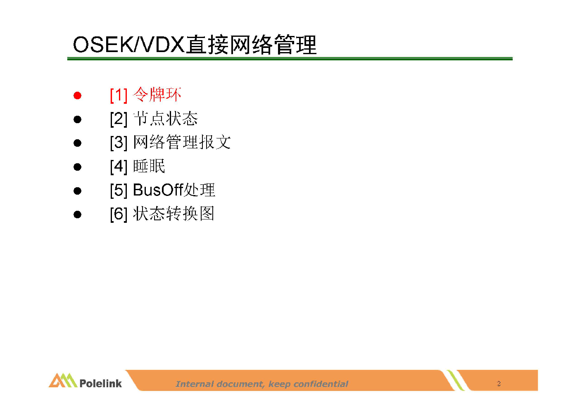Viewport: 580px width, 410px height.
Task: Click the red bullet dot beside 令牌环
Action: pyautogui.click(x=77, y=95)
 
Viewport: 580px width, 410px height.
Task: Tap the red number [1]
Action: pyautogui.click(x=119, y=95)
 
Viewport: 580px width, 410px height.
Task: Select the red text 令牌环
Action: pyautogui.click(x=157, y=94)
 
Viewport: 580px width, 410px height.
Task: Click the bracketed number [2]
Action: pyautogui.click(x=119, y=119)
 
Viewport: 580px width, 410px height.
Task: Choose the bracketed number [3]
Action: pyautogui.click(x=119, y=143)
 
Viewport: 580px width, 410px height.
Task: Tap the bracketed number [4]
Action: pyautogui.click(x=119, y=167)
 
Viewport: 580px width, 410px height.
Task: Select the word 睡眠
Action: pyautogui.click(x=149, y=166)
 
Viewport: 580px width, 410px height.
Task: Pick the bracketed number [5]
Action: pyautogui.click(x=119, y=191)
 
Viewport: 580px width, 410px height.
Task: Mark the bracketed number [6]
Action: pyautogui.click(x=119, y=215)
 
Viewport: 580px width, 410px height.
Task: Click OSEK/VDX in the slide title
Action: pyautogui.click(x=129, y=45)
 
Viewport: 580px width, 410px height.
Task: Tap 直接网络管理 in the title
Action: pyautogui.click(x=252, y=45)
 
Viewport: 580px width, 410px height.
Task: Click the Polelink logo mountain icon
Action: pyautogui.click(x=63, y=380)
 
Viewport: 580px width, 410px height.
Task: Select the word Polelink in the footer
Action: pyautogui.click(x=100, y=383)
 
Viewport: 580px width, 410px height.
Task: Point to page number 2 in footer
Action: pyautogui.click(x=499, y=384)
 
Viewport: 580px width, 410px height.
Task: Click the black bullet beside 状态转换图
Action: pyautogui.click(x=77, y=215)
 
